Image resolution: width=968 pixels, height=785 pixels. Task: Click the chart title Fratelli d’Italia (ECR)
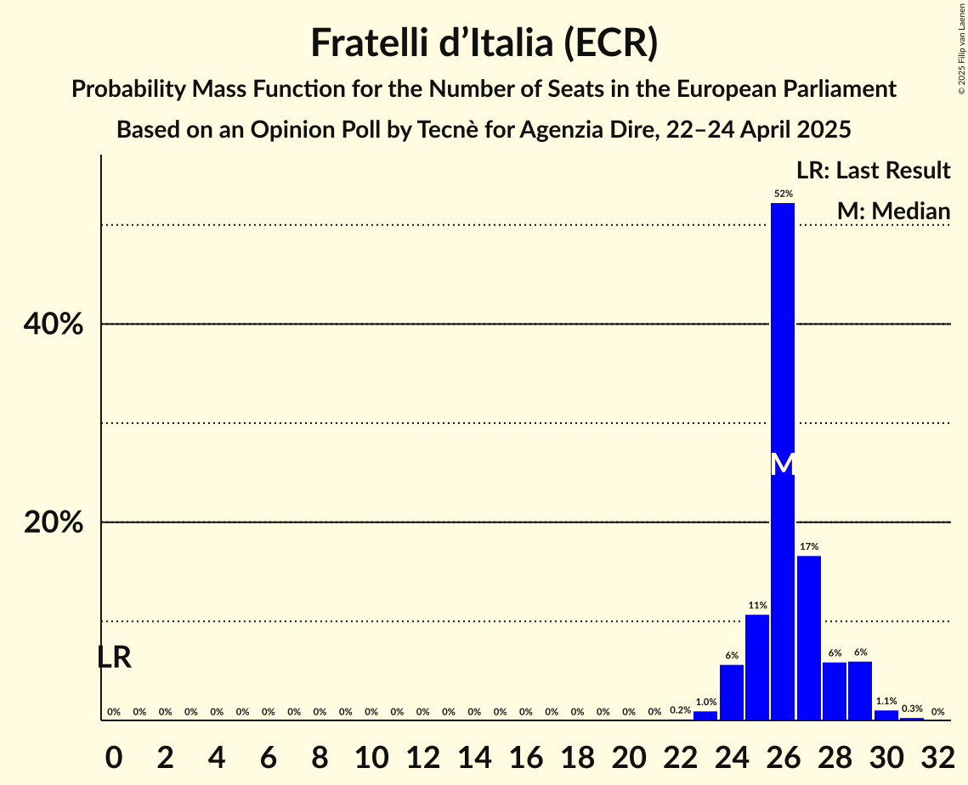tap(484, 42)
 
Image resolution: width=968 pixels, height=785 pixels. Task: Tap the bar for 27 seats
tap(808, 638)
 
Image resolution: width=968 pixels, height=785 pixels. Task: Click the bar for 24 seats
tap(732, 692)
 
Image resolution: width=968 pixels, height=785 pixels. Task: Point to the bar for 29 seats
tap(860, 690)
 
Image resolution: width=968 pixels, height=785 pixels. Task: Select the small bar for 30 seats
tap(886, 715)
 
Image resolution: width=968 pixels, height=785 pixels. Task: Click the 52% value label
tap(783, 194)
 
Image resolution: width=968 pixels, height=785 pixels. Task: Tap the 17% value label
tap(808, 546)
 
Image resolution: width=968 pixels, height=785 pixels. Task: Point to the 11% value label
tap(757, 606)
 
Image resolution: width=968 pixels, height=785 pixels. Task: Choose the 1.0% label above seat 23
tap(705, 703)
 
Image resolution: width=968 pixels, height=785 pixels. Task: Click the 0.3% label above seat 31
tap(912, 709)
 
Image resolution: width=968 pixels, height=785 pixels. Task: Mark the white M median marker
tap(783, 464)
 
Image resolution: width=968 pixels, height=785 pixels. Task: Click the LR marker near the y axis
tap(114, 658)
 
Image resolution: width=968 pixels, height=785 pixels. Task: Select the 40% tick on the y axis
tap(54, 325)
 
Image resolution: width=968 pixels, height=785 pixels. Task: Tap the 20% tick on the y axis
tap(54, 522)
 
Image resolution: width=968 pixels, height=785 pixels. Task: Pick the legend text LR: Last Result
tap(873, 171)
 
